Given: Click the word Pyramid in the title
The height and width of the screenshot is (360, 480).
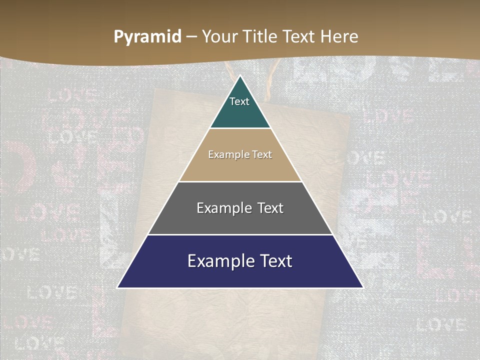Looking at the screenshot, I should click(x=147, y=37).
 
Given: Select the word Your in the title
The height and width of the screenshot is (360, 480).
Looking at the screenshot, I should click(x=219, y=36).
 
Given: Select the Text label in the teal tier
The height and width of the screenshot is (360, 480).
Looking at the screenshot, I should click(x=239, y=101).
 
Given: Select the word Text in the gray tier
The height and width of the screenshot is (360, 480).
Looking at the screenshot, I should click(x=270, y=208).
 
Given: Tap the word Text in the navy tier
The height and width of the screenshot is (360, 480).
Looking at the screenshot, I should click(x=275, y=261).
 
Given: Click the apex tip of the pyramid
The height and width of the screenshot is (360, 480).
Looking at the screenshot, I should click(x=240, y=76).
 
